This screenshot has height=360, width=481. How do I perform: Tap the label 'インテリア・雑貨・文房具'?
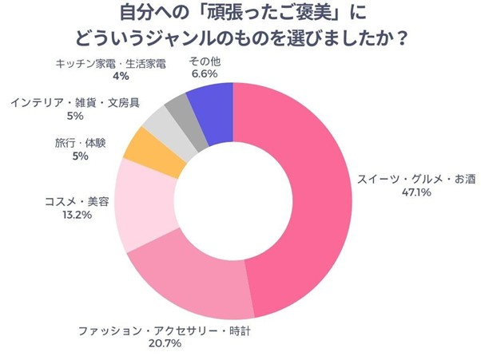[x=73, y=102]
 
